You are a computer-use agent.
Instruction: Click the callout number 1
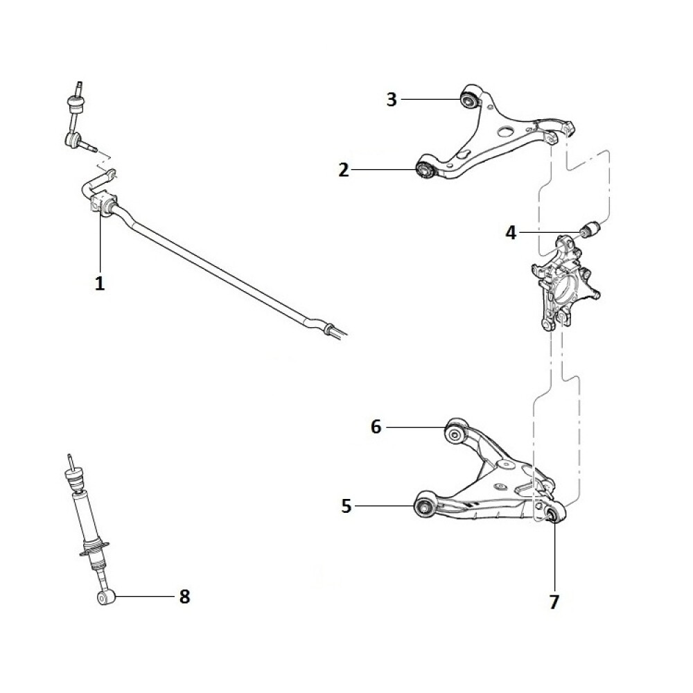point(100,283)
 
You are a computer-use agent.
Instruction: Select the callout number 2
point(344,170)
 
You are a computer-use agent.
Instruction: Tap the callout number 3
point(392,99)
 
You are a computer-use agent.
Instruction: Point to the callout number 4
point(511,232)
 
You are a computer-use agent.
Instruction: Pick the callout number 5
point(346,506)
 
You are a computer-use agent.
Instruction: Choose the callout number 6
point(376,427)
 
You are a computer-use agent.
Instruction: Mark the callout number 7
point(554,602)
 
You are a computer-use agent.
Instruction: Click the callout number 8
point(184,597)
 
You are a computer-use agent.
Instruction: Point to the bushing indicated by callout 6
point(455,434)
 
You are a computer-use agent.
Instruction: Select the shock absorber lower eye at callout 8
point(105,598)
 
